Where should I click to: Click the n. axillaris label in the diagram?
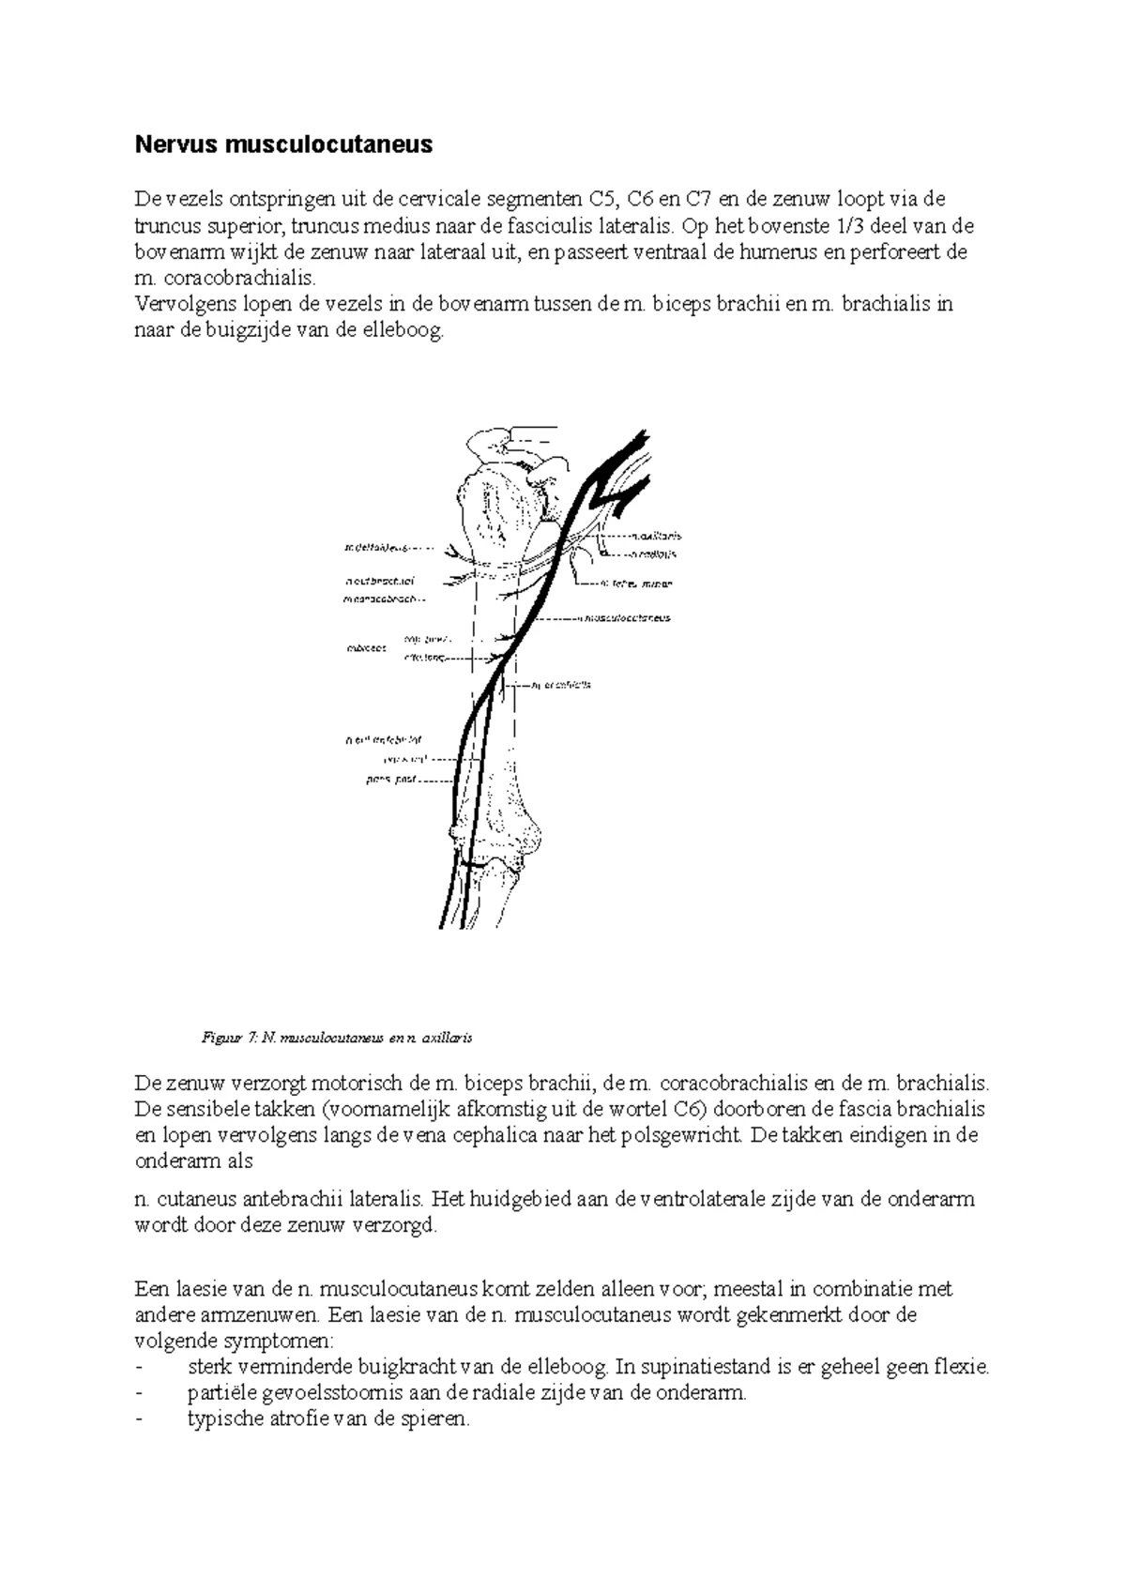656,536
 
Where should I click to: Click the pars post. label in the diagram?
391,779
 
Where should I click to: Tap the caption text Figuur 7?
229,1038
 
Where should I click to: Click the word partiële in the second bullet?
216,1392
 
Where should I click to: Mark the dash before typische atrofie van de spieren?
140,1419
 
